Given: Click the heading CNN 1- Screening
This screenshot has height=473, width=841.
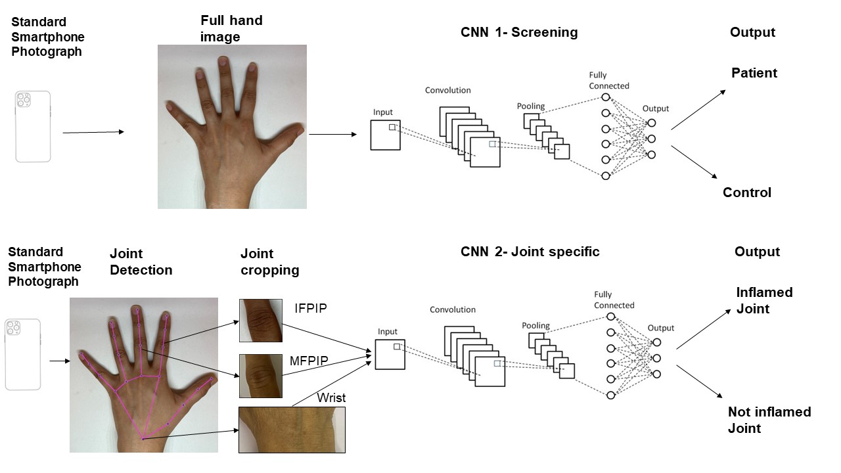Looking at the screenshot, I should coord(519,33).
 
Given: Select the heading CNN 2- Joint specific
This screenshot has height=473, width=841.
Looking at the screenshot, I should coord(530,252).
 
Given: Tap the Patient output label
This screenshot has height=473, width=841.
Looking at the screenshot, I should coord(754,73).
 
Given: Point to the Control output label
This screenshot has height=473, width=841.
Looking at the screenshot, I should coord(747,192).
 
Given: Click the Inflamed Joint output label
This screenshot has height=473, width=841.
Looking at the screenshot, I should coord(764,300).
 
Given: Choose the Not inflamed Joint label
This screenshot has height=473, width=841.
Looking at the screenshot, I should coord(769,420).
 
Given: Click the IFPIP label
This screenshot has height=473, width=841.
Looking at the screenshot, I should coord(311,307).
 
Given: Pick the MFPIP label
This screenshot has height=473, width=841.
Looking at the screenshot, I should coord(309,361).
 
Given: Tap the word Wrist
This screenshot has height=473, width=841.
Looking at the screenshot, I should coord(331,397).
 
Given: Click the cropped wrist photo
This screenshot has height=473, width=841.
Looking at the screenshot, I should coord(292,430).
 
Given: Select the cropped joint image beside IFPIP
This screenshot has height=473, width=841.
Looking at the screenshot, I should coord(261,321).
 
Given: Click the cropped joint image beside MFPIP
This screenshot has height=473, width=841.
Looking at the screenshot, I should coord(261,376).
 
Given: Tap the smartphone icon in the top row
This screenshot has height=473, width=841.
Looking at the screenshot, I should coord(33,126).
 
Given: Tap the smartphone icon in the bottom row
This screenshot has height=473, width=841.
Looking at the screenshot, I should coord(23,355).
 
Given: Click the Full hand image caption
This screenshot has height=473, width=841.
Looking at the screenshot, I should coord(231,29).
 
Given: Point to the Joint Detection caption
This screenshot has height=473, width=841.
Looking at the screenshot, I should coord(141,261).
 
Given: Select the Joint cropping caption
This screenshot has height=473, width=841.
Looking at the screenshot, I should coord(269,261).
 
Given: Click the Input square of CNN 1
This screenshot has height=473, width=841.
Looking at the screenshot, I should coord(385,135).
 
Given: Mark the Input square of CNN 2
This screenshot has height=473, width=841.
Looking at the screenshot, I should coord(390,354).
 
